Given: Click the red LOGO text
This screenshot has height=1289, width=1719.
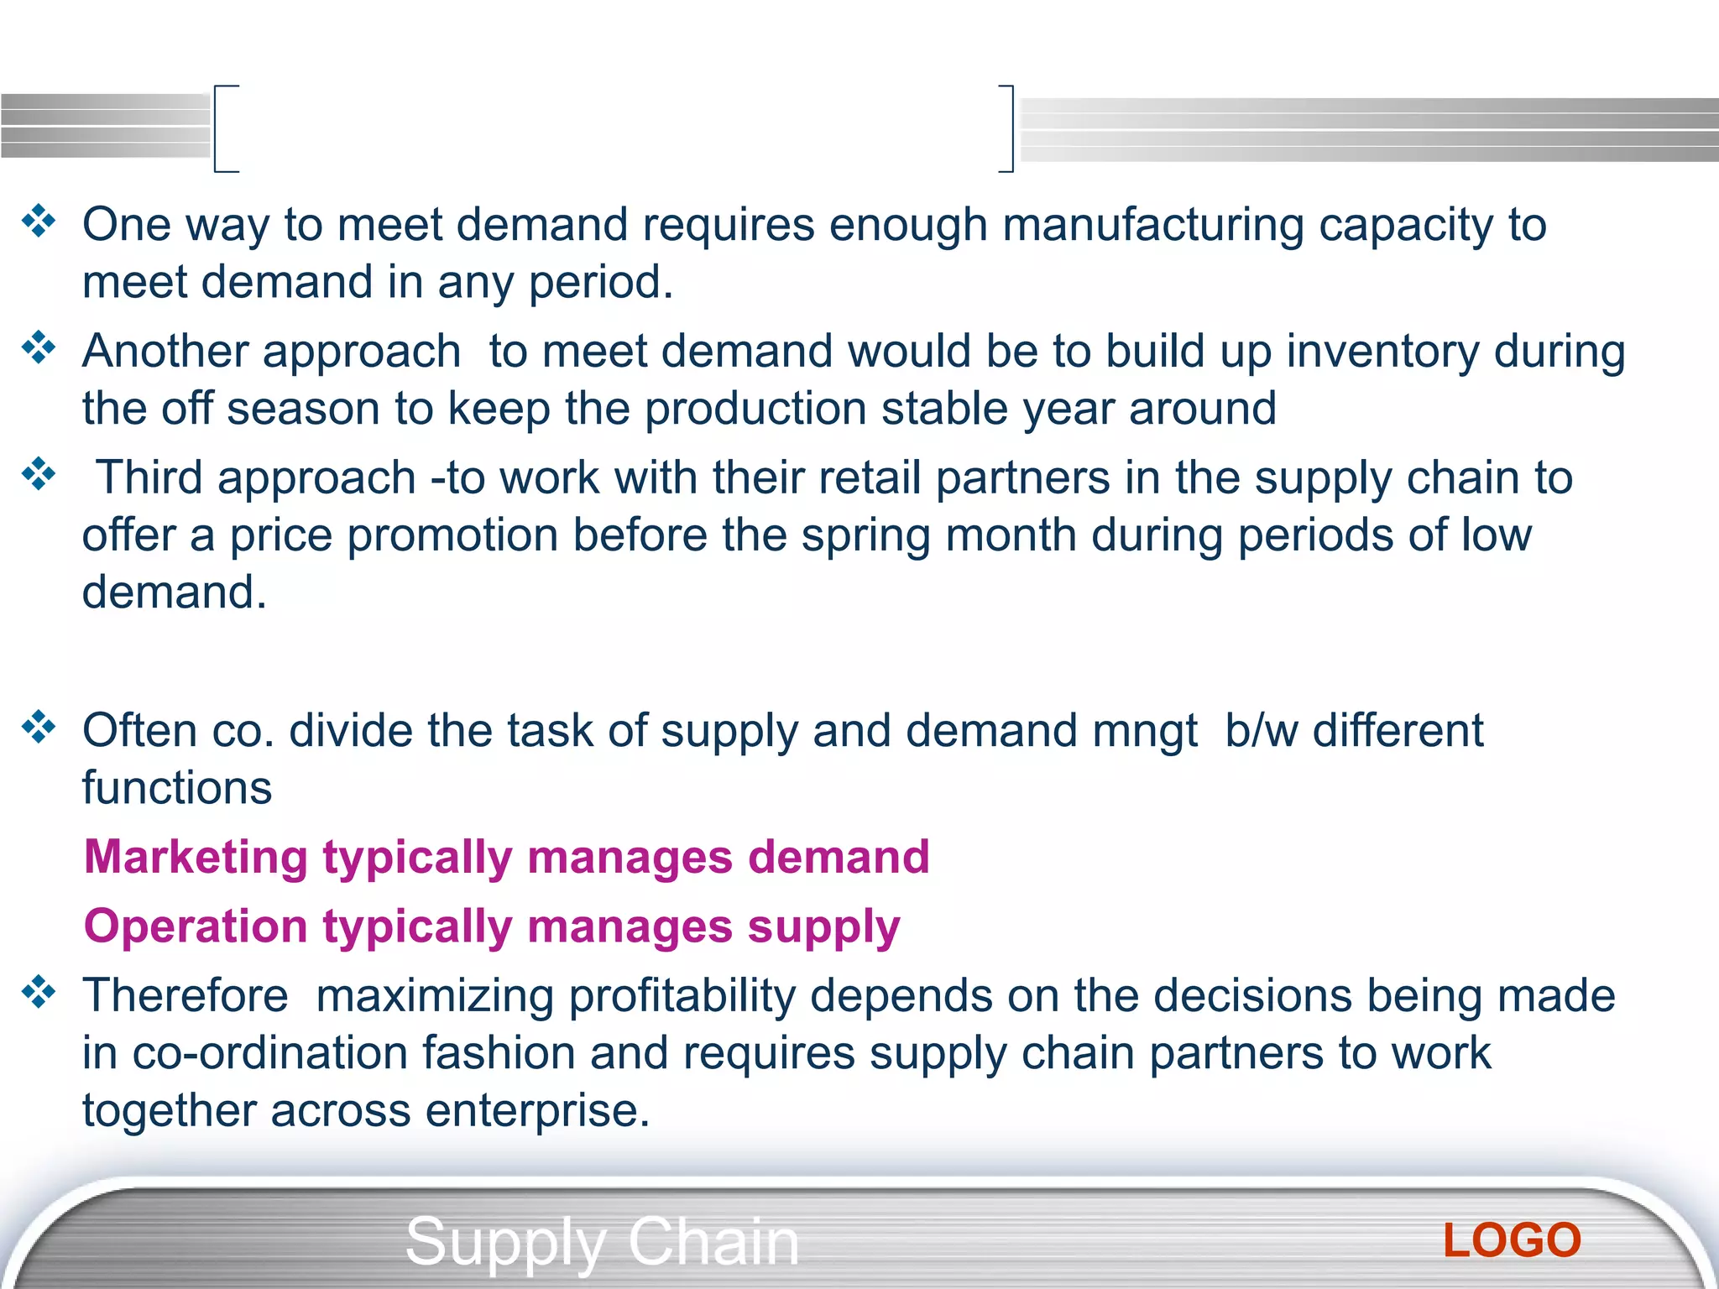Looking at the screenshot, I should pyautogui.click(x=1512, y=1240).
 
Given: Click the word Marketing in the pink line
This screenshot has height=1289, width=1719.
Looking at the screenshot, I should pyautogui.click(x=196, y=858).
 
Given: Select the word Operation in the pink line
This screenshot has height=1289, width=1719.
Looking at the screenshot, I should pyautogui.click(x=196, y=927).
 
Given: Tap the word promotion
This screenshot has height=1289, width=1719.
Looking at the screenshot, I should pyautogui.click(x=452, y=535).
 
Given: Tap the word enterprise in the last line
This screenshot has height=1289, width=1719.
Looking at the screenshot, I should pyautogui.click(x=537, y=1110).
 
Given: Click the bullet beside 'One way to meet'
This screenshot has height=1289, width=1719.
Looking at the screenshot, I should pyautogui.click(x=39, y=222).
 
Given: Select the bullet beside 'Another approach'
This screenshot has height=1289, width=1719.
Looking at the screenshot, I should pyautogui.click(x=39, y=347).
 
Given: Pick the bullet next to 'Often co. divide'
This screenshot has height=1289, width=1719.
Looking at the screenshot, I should pyautogui.click(x=39, y=727).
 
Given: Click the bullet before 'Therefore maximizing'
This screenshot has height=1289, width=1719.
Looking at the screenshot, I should pyautogui.click(x=39, y=992).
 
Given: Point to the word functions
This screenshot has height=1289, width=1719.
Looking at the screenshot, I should pyautogui.click(x=177, y=788).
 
